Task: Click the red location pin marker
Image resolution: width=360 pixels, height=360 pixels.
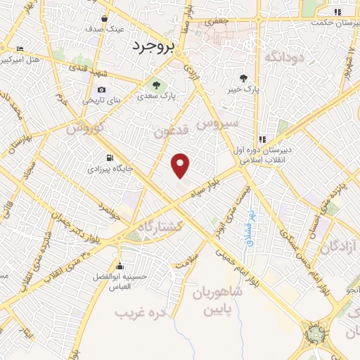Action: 181,165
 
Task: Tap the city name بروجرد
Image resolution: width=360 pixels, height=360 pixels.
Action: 151,46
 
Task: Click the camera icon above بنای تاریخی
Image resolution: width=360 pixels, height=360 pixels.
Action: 102,89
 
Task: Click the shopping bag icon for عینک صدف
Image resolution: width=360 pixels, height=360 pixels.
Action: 105,19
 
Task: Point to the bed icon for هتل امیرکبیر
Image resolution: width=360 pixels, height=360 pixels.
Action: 19,49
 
